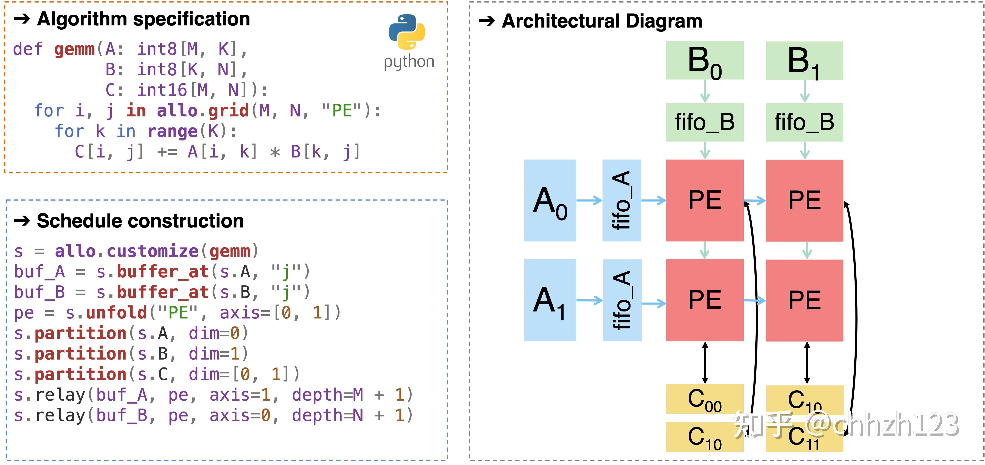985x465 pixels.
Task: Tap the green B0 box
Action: (704, 60)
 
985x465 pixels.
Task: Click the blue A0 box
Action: (550, 200)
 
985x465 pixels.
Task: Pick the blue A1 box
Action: (550, 300)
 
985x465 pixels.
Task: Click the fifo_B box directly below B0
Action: (704, 122)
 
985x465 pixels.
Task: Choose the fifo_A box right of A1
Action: (622, 300)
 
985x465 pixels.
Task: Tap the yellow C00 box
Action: (704, 399)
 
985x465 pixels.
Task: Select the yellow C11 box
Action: (804, 438)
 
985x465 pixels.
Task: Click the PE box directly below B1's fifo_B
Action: (804, 200)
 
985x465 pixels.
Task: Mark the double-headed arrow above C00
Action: (705, 363)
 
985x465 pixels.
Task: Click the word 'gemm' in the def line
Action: (74, 49)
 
